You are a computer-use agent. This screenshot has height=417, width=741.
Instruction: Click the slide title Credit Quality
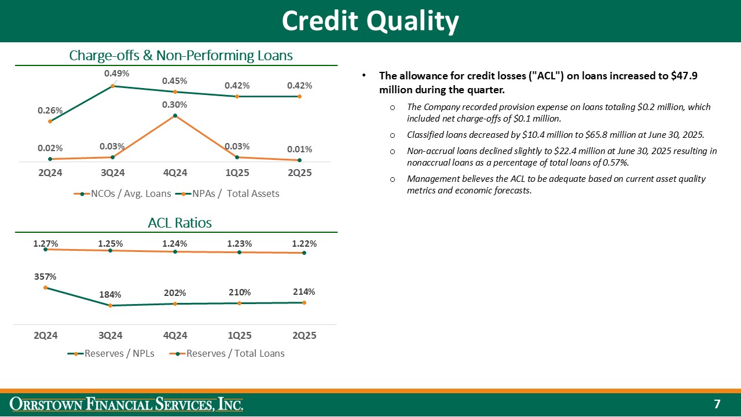pyautogui.click(x=370, y=21)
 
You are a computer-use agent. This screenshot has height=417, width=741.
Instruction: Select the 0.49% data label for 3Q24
pyautogui.click(x=116, y=74)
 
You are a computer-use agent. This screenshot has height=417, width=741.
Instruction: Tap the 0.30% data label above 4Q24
pyautogui.click(x=174, y=105)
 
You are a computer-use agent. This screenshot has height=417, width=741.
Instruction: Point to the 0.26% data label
pyautogui.click(x=50, y=110)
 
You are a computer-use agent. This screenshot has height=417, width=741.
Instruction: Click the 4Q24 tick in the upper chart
pyautogui.click(x=175, y=173)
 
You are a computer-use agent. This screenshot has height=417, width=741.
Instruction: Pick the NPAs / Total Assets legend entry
pyautogui.click(x=231, y=193)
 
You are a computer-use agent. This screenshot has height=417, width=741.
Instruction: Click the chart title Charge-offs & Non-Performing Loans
pyautogui.click(x=181, y=56)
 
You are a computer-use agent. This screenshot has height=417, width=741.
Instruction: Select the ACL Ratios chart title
pyautogui.click(x=180, y=223)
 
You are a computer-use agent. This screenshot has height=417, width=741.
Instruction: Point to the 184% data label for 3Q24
pyautogui.click(x=110, y=295)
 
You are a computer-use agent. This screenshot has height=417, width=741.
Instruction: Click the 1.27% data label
pyautogui.click(x=45, y=244)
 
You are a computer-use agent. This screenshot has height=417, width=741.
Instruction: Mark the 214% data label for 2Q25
pyautogui.click(x=304, y=292)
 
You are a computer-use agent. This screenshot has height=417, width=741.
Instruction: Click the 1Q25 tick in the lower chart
pyautogui.click(x=240, y=335)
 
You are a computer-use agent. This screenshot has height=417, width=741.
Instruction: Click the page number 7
pyautogui.click(x=717, y=404)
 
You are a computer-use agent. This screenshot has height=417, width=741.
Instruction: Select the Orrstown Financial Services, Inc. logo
pyautogui.click(x=128, y=404)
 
